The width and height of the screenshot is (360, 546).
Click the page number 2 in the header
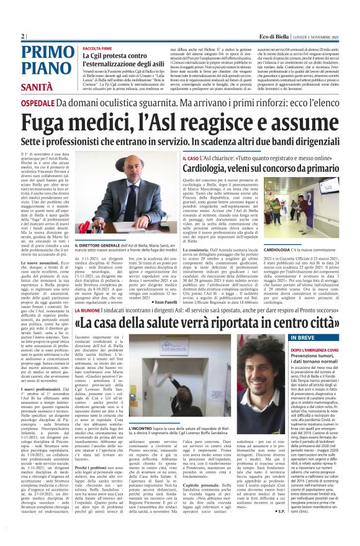23,37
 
